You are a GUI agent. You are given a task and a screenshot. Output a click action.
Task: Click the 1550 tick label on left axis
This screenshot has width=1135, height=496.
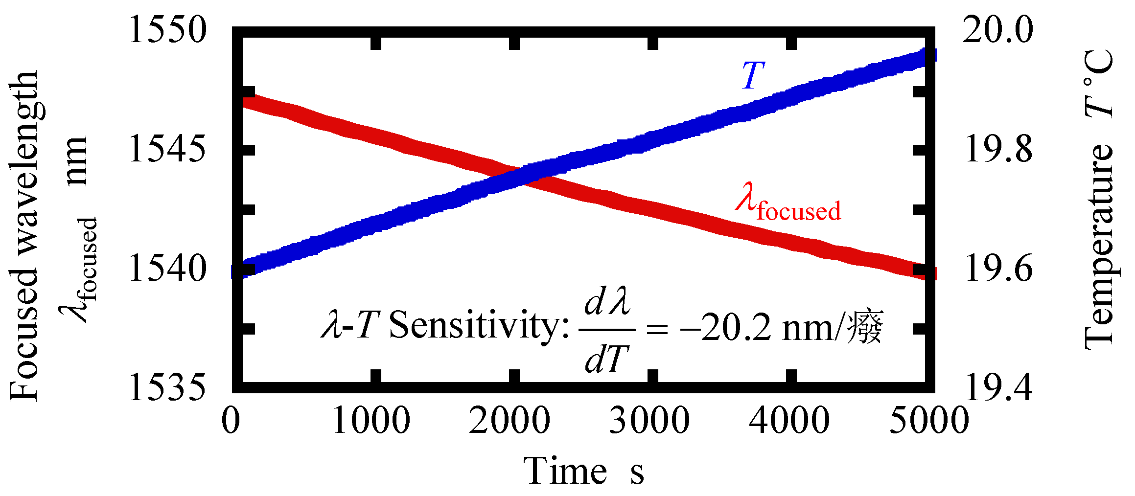click(167, 30)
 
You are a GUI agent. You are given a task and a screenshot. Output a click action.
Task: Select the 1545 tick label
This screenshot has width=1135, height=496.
click(167, 149)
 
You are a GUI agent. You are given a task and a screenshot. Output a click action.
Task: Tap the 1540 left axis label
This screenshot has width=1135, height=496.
click(167, 269)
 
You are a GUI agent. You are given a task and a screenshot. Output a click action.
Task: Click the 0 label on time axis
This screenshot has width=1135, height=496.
click(231, 421)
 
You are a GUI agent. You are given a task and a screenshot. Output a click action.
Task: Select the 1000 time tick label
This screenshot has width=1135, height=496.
click(371, 421)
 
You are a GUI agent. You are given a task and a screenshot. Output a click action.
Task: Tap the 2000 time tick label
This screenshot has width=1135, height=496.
click(510, 421)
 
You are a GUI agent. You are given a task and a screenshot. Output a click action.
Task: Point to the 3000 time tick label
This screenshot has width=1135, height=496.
click(649, 421)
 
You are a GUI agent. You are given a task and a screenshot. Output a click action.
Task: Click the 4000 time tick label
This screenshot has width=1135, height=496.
click(788, 421)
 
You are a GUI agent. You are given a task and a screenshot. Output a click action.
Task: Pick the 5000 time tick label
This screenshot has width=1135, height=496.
click(928, 421)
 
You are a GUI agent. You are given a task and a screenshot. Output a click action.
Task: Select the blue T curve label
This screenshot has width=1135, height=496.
click(753, 76)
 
